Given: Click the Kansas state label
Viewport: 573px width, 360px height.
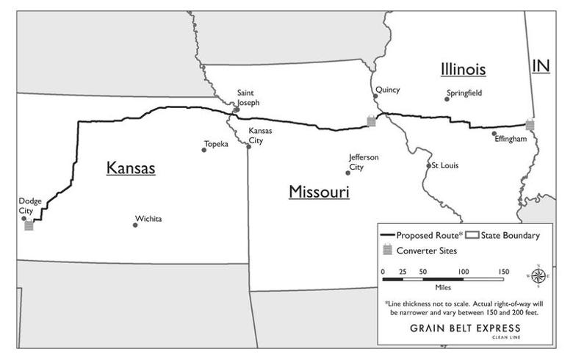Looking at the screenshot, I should point(131,168).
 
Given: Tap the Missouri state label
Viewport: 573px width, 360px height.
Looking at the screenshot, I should point(318,192).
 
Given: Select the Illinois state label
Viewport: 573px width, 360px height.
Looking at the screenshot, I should point(463,70).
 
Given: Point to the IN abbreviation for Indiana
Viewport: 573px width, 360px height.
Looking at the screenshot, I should point(541,66).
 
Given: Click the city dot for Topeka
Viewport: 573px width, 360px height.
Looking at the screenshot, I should point(204,150).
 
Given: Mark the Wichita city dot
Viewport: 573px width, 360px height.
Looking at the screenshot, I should point(135,225).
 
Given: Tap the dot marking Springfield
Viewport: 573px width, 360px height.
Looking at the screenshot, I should point(447,98).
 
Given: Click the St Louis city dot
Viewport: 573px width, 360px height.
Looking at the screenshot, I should point(429,166).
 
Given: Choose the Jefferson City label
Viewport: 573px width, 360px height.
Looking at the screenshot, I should point(364,162).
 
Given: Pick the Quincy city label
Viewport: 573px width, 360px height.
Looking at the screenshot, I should point(387,90).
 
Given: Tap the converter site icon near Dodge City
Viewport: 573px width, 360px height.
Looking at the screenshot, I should point(29,226).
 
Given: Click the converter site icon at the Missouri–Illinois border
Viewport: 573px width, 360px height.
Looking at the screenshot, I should point(372,121).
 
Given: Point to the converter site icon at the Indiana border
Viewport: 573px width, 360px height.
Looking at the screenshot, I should point(530,126).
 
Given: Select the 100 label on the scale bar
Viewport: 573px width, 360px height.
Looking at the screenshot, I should point(463,272).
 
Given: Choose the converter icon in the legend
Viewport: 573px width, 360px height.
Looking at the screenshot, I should point(387,251).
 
